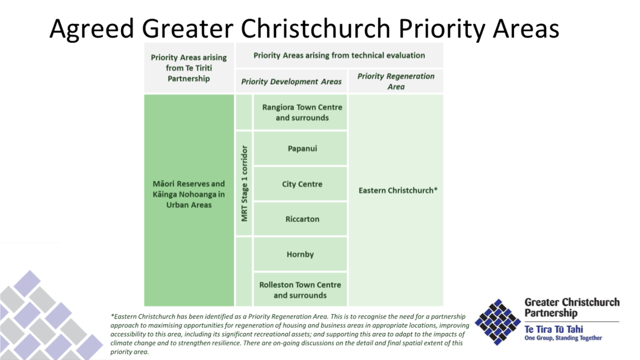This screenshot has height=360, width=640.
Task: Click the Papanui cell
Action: [x=302, y=148]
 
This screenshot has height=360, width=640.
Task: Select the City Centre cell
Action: [x=302, y=184]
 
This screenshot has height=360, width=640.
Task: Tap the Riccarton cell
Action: [x=302, y=219]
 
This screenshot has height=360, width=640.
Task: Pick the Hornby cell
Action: [x=300, y=254]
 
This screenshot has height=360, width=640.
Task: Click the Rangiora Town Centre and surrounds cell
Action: [x=302, y=113]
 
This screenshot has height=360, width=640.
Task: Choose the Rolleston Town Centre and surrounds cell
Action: [x=300, y=290]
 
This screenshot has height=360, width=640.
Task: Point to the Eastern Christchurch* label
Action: [x=398, y=190]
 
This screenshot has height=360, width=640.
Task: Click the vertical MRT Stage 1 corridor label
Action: [x=244, y=183]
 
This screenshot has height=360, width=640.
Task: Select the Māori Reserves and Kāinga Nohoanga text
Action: [x=189, y=194]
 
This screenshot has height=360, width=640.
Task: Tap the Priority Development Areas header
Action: [x=291, y=82]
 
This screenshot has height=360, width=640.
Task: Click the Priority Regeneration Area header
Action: [x=395, y=81]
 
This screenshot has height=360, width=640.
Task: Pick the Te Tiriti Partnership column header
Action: [x=189, y=68]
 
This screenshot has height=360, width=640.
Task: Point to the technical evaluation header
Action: [x=339, y=55]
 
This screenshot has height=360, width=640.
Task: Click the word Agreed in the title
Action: [x=92, y=29]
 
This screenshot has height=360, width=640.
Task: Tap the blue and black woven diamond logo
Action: [x=498, y=322]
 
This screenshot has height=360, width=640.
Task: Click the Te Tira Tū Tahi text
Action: [x=553, y=329]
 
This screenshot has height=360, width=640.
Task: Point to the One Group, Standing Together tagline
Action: [x=563, y=338]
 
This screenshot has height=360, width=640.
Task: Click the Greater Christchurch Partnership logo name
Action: [x=572, y=308]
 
